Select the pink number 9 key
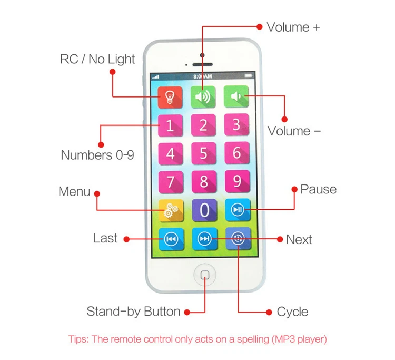pyautogui.click(x=236, y=181)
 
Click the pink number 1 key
pyautogui.click(x=170, y=125)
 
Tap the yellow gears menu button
pyautogui.click(x=170, y=210)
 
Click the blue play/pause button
pyautogui.click(x=236, y=210)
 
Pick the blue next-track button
pyautogui.click(x=204, y=239)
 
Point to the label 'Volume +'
pyautogui.click(x=293, y=27)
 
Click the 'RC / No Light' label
pyautogui.click(x=97, y=59)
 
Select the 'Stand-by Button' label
pyautogui.click(x=133, y=312)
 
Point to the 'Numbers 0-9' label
pyautogui.click(x=97, y=155)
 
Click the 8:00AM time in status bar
pyautogui.click(x=203, y=76)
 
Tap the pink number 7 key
pyautogui.click(x=170, y=182)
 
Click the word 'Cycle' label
pyautogui.click(x=292, y=312)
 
